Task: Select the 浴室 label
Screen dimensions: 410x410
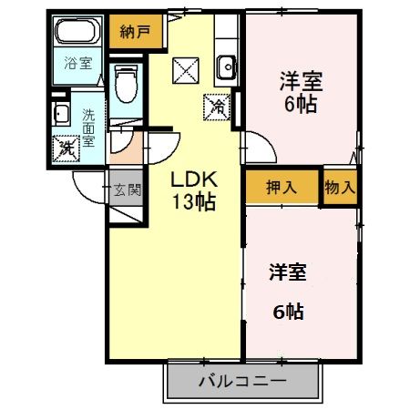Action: [x=77, y=64]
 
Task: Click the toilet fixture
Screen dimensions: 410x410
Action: [x=127, y=83]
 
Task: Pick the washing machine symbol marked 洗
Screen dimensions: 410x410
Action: [x=67, y=147]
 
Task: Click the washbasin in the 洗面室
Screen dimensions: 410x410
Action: [x=61, y=115]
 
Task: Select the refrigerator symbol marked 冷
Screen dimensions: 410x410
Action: [x=219, y=106]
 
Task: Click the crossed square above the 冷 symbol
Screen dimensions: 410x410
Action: [x=185, y=69]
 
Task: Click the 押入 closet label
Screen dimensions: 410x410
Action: [x=281, y=188]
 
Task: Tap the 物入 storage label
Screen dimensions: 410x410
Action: [x=340, y=188]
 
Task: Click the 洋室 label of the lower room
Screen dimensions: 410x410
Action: [x=288, y=271]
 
